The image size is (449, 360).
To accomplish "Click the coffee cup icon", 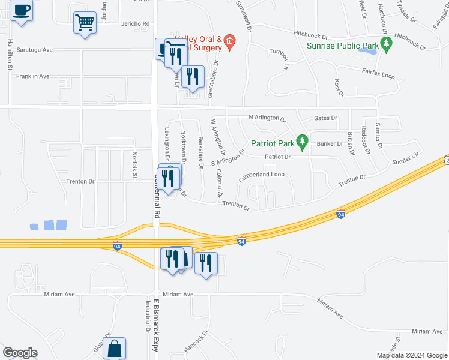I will coord(22,11).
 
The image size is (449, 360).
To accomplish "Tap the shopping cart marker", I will coord(85,23).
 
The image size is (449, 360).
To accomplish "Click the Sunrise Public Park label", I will coord(343,46).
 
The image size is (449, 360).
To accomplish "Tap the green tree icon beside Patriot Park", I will coord(303,143).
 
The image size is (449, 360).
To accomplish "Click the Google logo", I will coord(20,353).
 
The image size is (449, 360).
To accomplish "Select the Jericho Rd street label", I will coord(135,24).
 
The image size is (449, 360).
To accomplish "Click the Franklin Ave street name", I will coord(32,76).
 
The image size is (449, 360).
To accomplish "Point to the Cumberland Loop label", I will coord(261,176).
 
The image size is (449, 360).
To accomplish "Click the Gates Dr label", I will coord(325,118).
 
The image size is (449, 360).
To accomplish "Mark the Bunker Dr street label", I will coord(329,144).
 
